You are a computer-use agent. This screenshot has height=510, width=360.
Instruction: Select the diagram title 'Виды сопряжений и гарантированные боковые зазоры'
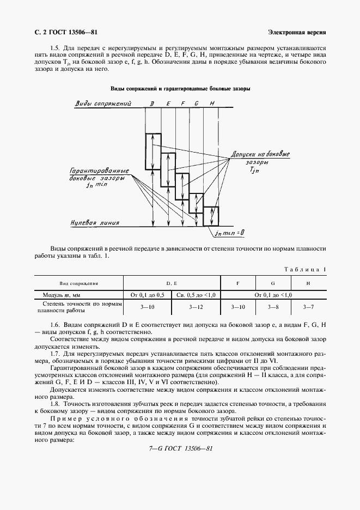[x=180, y=88]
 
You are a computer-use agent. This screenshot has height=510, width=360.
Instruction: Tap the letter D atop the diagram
[x=152, y=104]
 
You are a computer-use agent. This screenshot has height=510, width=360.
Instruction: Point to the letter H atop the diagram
[x=211, y=104]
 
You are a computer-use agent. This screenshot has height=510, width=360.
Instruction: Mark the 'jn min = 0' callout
[x=229, y=233]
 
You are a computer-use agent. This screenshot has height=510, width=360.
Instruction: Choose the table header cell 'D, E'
[x=172, y=283]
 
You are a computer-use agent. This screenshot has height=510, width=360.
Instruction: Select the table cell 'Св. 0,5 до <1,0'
[x=196, y=294]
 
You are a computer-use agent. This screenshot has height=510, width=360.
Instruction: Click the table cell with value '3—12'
[x=196, y=307]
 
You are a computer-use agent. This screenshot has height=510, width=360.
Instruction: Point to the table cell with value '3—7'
[x=309, y=307]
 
